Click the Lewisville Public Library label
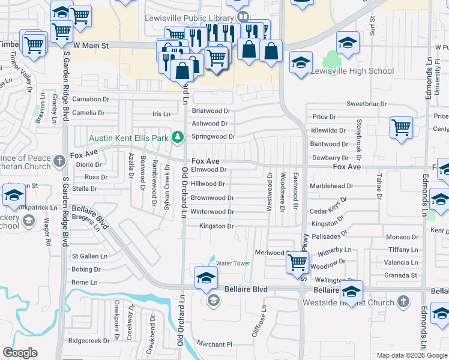[189, 17]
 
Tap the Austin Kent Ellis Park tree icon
[177, 138]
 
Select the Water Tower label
[232, 263]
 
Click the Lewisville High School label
[352, 71]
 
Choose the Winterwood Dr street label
[212, 212]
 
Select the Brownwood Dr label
[212, 198]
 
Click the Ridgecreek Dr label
[89, 340]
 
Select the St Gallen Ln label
[89, 256]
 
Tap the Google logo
[20, 353]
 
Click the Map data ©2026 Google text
[411, 355]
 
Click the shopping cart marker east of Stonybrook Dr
[400, 127]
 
